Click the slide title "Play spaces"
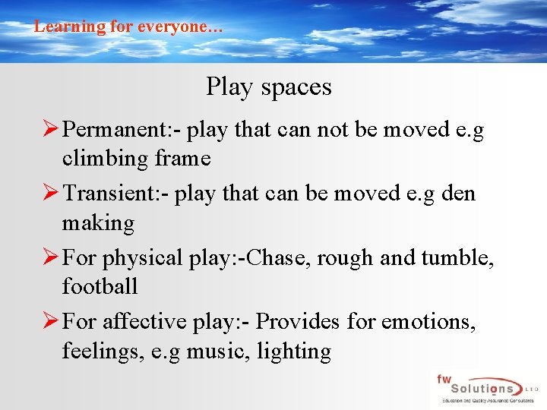coord(268,87)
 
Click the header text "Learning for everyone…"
coord(128,27)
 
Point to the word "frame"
coord(182,159)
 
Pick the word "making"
coord(98,223)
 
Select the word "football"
coord(100,287)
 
